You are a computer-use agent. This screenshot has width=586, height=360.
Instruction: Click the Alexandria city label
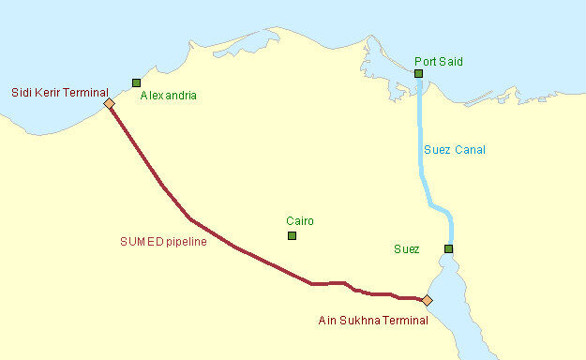click(x=168, y=96)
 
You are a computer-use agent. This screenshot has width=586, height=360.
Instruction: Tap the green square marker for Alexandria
click(x=137, y=82)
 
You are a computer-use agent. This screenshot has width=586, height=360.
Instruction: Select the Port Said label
click(x=439, y=62)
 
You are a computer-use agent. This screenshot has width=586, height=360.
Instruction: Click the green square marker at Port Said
click(x=419, y=73)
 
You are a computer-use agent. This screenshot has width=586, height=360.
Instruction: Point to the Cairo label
click(x=300, y=221)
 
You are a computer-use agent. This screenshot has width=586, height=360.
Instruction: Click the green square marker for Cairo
click(x=292, y=235)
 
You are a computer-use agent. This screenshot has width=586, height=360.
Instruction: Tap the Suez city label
click(x=407, y=249)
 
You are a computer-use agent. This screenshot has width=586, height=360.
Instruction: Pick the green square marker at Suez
click(x=449, y=248)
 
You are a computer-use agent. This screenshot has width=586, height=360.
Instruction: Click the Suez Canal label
click(x=455, y=150)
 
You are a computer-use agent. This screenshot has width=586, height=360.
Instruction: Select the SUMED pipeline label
click(x=163, y=241)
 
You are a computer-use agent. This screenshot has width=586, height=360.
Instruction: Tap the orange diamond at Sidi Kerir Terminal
click(x=109, y=103)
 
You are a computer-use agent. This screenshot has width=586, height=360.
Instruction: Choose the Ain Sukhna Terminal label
click(x=373, y=321)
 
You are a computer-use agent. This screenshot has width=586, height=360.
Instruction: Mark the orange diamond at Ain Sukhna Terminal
click(x=427, y=301)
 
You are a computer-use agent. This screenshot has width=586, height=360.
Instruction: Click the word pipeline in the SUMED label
click(x=185, y=241)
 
